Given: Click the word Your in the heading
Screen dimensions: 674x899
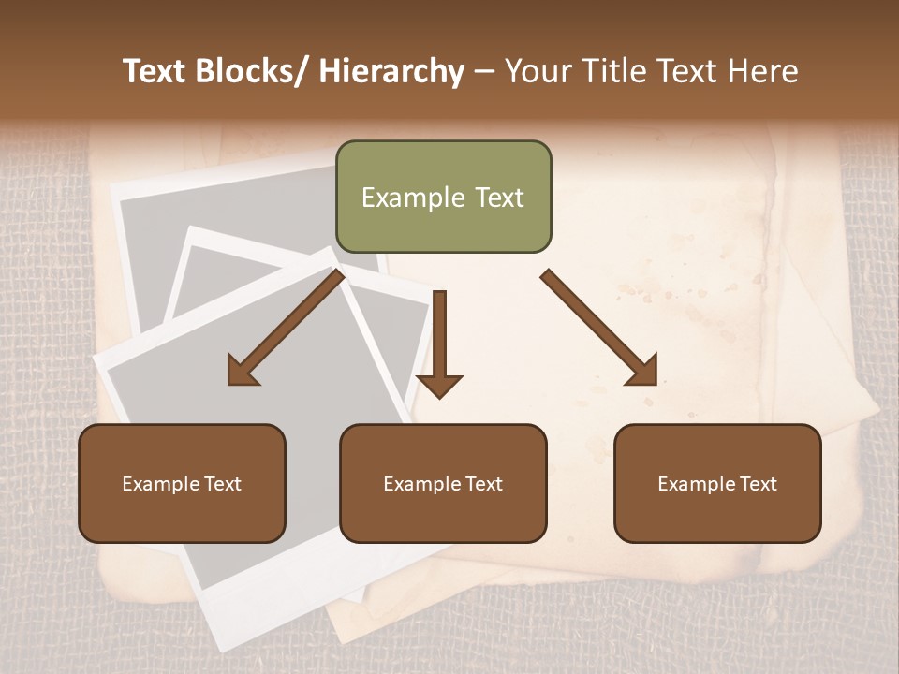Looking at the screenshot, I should point(537,72).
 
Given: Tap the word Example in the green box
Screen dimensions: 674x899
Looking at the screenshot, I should point(413,198).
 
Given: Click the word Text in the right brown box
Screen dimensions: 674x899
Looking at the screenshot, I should point(757,484).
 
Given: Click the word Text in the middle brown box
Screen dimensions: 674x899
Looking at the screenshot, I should point(482,484).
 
